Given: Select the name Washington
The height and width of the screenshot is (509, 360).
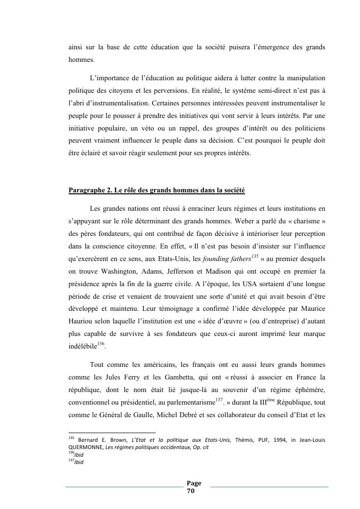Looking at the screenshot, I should pyautogui.click(x=109, y=272).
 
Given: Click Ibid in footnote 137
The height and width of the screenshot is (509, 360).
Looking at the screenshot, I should pyautogui.click(x=79, y=462).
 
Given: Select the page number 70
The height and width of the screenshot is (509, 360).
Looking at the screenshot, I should pyautogui.click(x=190, y=491).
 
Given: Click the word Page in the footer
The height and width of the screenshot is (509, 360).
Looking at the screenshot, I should pyautogui.click(x=194, y=483).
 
